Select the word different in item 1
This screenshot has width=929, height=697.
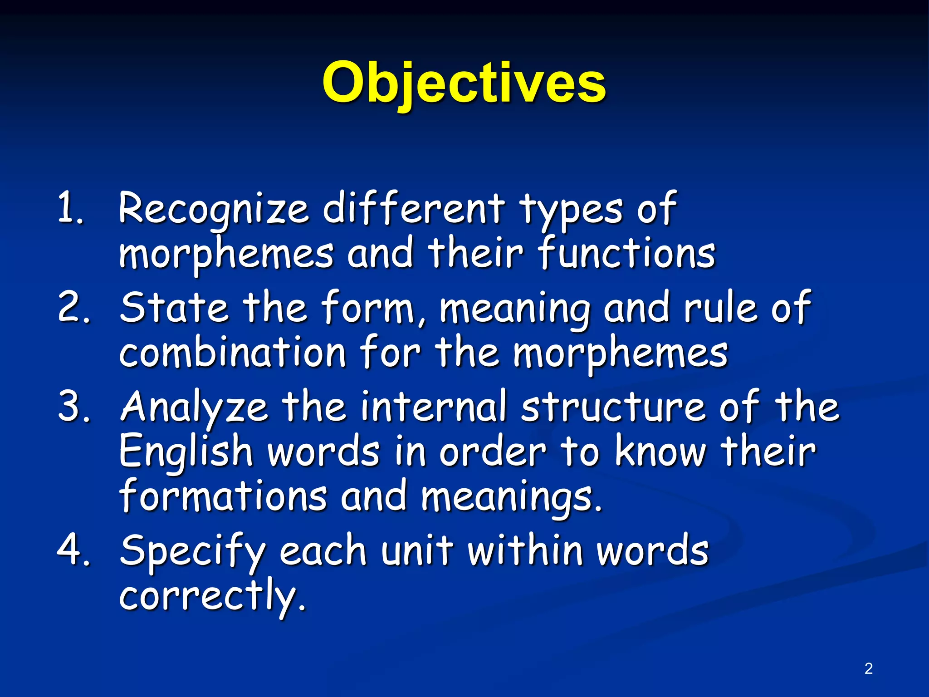(413, 208)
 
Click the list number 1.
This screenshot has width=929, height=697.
(70, 208)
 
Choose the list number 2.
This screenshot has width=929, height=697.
(73, 307)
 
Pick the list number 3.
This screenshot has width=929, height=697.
(73, 406)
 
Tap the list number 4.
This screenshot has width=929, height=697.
(73, 550)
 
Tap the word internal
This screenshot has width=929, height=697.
(433, 406)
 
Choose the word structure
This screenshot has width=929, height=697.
(612, 407)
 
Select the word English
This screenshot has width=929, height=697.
(186, 452)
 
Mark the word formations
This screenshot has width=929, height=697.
(223, 496)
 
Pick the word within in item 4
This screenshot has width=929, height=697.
(525, 550)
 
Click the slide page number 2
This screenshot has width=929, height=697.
(868, 668)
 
